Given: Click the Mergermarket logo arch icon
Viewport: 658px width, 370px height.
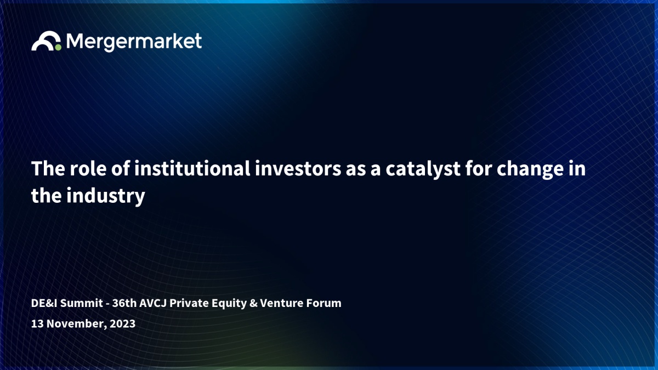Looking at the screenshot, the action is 44,37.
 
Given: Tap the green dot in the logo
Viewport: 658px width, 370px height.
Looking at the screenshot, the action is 58,47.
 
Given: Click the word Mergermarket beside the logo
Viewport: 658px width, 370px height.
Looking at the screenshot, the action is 134,42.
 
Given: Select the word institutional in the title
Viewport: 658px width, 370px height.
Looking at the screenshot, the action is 192,169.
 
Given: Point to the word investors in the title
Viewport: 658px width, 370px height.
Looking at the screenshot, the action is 298,169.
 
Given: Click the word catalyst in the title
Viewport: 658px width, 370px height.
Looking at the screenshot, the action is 423,169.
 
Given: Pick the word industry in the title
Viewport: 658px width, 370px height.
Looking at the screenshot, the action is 106,196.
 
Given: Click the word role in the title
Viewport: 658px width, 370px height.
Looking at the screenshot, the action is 88,169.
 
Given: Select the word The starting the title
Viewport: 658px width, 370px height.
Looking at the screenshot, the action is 48,169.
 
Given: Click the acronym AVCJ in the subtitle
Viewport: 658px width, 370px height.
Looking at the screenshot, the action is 153,303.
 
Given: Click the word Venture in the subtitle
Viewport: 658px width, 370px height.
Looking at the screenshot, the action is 282,303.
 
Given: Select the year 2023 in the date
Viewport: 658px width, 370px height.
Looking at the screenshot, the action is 122,323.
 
